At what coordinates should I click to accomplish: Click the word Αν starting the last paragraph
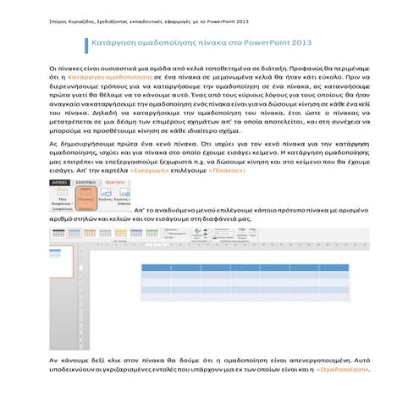pyautogui.click(x=55, y=360)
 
